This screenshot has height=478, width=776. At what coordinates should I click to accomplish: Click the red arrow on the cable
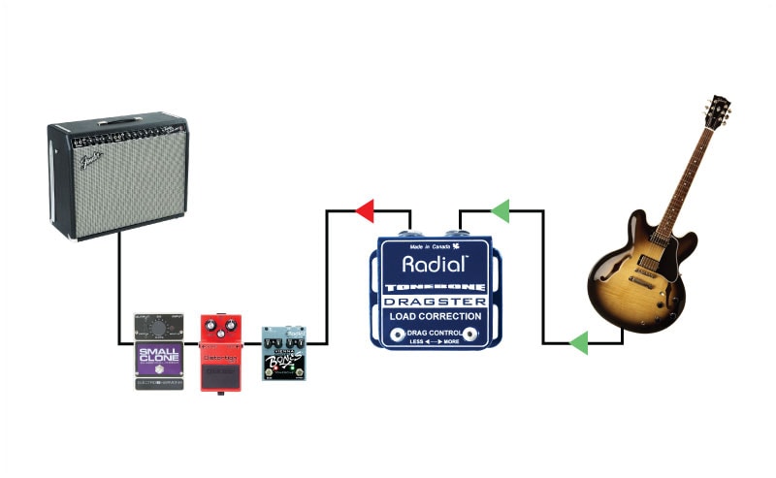coord(365,210)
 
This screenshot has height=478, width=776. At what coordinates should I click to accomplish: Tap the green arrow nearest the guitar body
coord(578,342)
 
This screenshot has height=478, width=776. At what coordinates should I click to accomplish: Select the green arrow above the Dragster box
coord(500,210)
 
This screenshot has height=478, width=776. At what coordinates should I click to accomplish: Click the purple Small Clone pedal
coord(158,353)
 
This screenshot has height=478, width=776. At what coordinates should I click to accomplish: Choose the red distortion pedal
coord(221,351)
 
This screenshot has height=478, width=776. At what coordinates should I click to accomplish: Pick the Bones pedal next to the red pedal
coord(283,353)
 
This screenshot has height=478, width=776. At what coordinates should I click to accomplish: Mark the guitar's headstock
coord(719,112)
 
